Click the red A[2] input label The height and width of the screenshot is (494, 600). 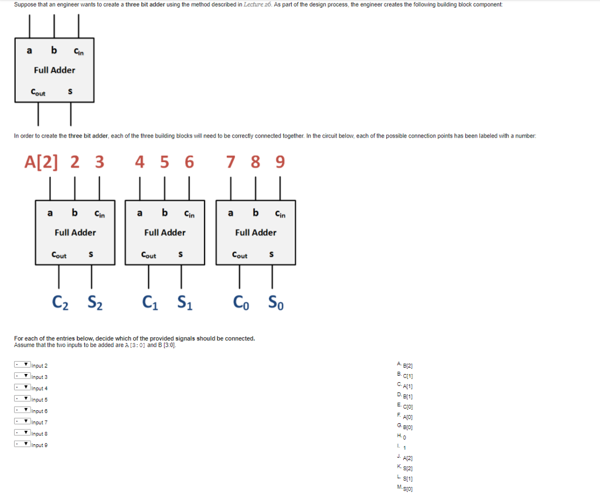(42, 162)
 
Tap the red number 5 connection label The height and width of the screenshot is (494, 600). (165, 162)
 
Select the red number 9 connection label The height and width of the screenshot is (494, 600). (280, 162)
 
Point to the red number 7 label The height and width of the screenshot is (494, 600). (230, 162)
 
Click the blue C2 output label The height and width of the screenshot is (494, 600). (60, 303)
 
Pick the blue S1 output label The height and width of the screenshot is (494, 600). (185, 303)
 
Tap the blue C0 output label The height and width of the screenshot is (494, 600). (241, 303)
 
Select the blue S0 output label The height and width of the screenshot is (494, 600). (276, 303)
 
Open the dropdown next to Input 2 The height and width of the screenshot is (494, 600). (22, 365)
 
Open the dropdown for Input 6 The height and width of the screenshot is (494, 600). (22, 410)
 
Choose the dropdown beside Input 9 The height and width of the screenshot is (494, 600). (22, 444)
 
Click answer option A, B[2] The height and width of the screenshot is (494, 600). (405, 365)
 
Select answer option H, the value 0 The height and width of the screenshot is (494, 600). (402, 437)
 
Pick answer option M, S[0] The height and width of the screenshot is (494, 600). (405, 488)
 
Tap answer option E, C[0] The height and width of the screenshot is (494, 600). (405, 406)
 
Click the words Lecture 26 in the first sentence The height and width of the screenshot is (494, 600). (258, 5)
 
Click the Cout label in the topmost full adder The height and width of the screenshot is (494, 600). (38, 92)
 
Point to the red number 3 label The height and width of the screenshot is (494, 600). (100, 162)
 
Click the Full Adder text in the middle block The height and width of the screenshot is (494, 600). (165, 232)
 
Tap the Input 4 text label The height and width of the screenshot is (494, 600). (39, 389)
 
